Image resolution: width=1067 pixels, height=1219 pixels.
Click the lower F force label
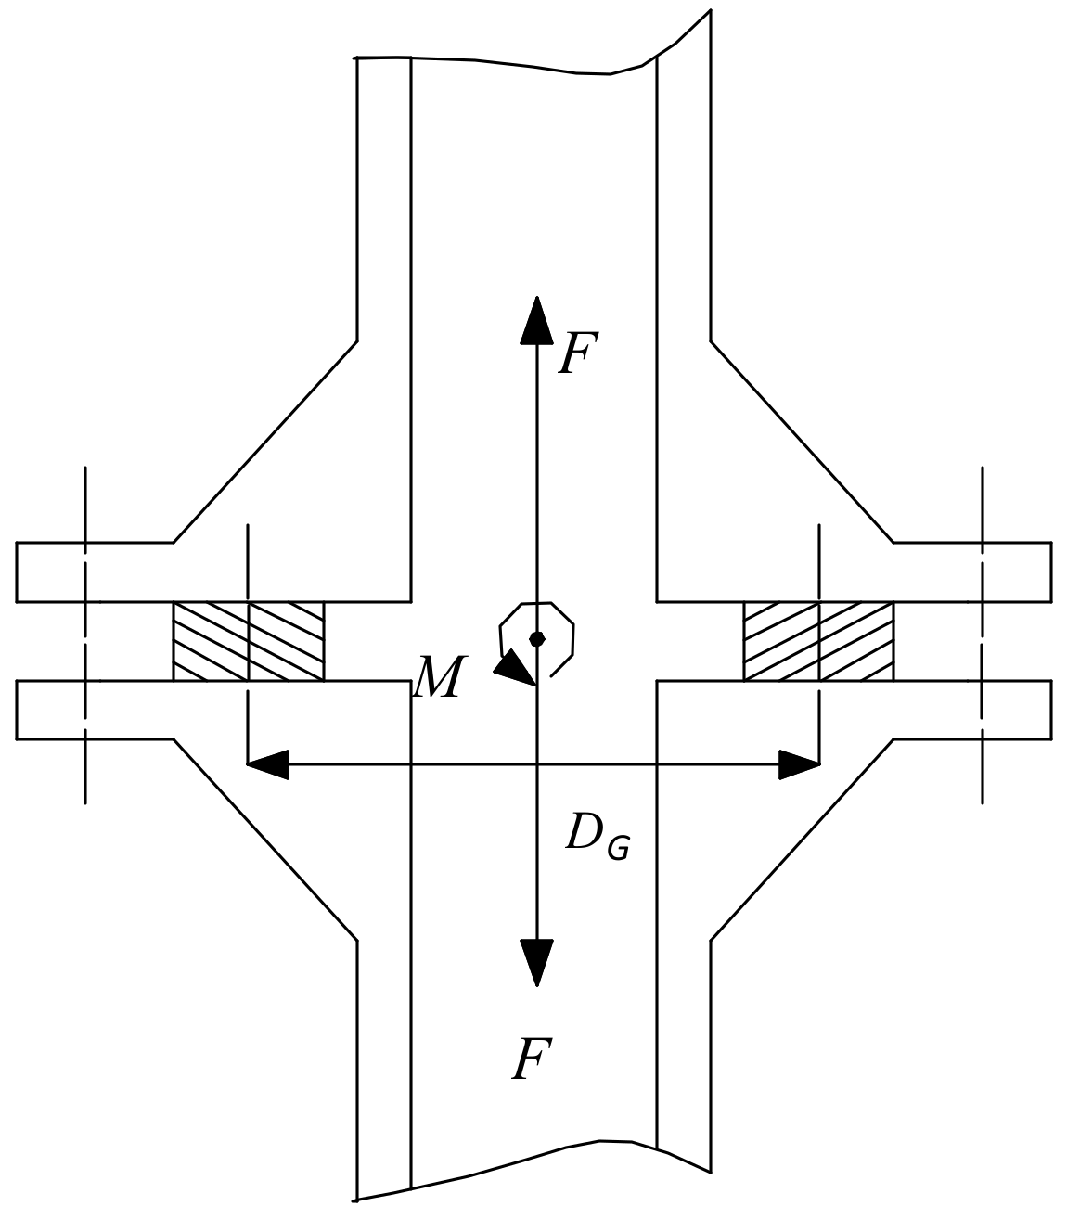532,1059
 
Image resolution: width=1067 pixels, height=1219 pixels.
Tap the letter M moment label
437,678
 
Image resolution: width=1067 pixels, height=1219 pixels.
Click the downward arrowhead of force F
536,961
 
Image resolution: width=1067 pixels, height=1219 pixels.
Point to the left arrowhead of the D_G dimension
268,764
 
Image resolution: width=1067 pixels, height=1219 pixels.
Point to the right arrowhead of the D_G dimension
799,764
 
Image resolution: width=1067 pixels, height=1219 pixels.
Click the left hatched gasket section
248,641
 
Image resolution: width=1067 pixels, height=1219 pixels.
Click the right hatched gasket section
818,641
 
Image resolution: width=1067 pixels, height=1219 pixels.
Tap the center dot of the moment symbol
536,638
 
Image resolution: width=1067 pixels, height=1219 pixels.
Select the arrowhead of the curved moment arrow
512,667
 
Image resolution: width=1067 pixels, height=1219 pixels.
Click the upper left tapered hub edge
265,442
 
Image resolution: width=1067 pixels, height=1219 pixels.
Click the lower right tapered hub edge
803,840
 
